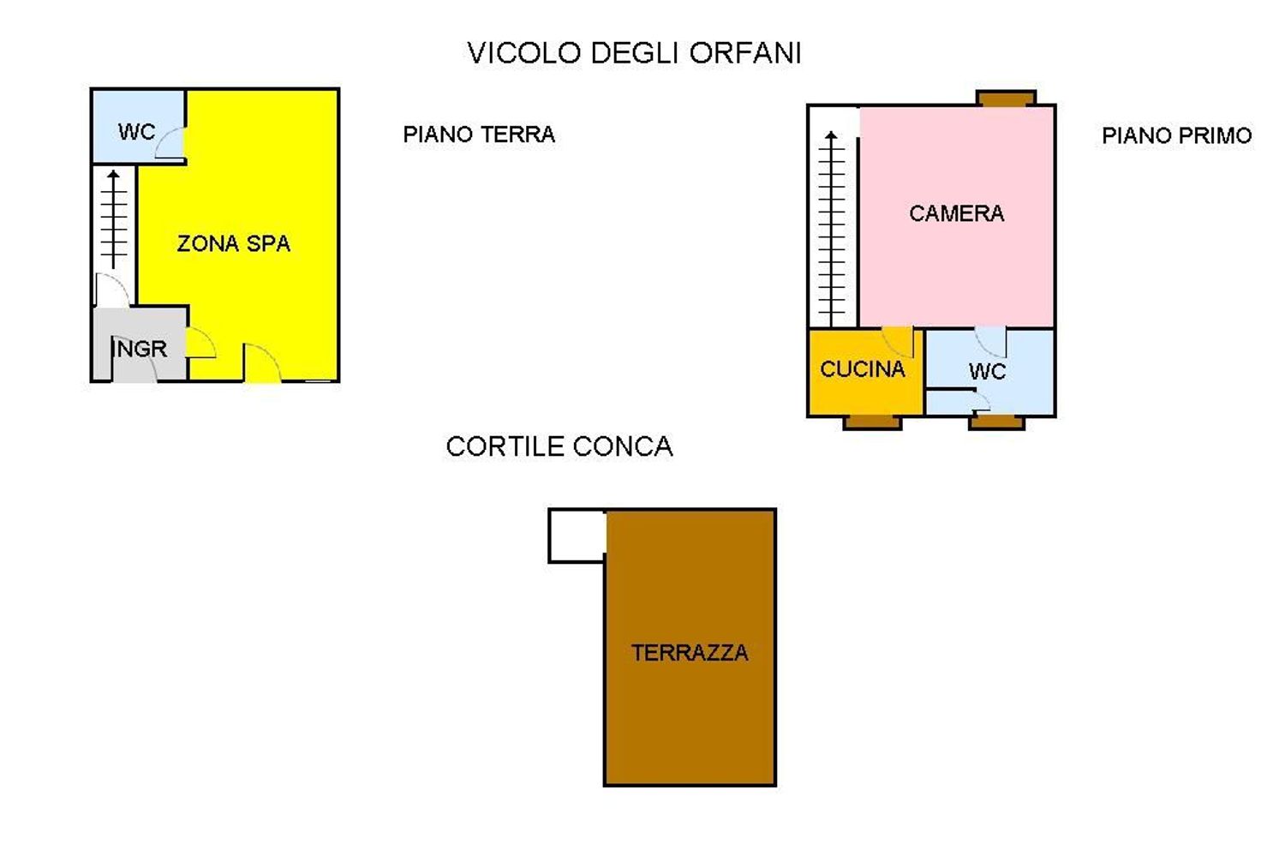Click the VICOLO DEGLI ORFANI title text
point(634,53)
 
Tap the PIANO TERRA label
point(479,135)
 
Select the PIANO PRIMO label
point(1176,135)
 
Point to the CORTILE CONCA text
point(559,446)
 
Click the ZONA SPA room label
point(233,244)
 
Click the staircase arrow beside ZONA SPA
point(114,218)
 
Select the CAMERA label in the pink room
point(956,213)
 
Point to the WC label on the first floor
point(987,372)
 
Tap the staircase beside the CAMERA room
point(831,227)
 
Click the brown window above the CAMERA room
point(1006,98)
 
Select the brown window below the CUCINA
point(872,422)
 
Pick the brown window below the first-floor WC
point(996,422)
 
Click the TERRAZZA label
point(690,653)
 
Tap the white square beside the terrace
point(577,536)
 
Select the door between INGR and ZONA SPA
point(200,344)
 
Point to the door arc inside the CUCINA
point(899,341)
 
